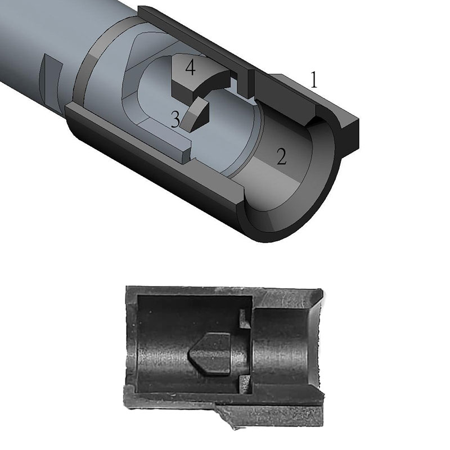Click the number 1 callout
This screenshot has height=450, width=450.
(314, 80)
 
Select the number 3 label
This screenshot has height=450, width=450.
(175, 119)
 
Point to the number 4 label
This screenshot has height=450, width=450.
(190, 68)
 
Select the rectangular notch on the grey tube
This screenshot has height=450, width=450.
(51, 75)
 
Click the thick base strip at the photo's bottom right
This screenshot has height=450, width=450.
(281, 413)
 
